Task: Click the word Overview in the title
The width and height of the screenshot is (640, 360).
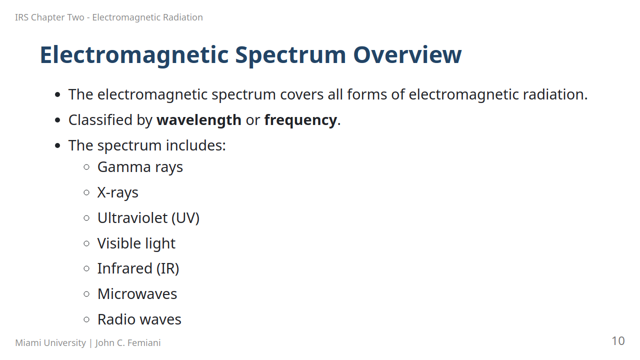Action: click(407, 55)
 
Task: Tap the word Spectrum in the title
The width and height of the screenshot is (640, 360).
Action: click(290, 56)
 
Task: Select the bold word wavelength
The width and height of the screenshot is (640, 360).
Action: click(199, 120)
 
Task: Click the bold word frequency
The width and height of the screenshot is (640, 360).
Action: click(300, 120)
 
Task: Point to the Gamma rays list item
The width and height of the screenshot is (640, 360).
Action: click(140, 167)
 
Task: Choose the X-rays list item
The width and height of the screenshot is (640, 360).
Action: click(117, 192)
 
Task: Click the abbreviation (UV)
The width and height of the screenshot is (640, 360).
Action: click(185, 218)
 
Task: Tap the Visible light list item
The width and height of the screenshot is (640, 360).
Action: click(136, 243)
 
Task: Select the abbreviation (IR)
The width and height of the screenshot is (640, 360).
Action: click(167, 268)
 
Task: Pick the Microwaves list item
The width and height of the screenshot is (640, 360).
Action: click(137, 294)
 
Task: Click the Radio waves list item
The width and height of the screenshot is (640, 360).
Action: click(139, 319)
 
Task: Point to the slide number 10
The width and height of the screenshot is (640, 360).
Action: click(618, 341)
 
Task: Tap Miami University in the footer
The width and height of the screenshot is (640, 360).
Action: click(50, 343)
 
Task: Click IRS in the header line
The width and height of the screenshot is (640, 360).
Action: click(21, 17)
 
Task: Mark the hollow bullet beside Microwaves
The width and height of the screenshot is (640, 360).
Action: click(86, 294)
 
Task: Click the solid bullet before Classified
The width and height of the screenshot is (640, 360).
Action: click(57, 120)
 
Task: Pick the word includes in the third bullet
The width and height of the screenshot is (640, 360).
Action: click(195, 145)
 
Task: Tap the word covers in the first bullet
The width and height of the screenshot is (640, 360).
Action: click(301, 94)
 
